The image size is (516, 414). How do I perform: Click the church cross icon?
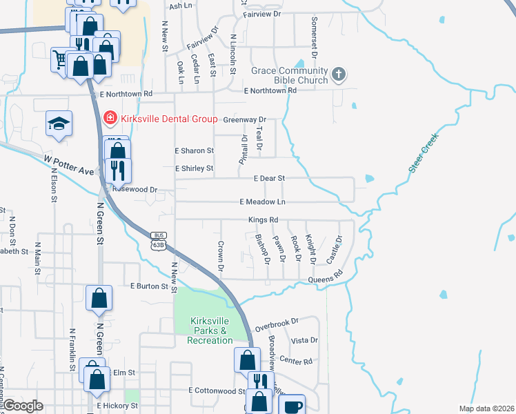(x=338, y=73)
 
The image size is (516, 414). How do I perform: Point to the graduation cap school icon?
(x=59, y=124)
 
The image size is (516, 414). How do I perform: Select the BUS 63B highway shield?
(x=159, y=240)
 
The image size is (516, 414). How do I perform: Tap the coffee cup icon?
(x=293, y=406)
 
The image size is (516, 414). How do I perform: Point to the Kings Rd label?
(x=264, y=220)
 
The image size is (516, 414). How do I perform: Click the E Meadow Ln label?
(x=262, y=202)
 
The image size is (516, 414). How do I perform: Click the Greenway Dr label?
(x=244, y=119)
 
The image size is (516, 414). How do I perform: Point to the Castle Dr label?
(x=335, y=250)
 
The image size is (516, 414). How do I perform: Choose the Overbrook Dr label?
(x=276, y=322)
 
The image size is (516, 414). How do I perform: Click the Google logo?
(x=23, y=406)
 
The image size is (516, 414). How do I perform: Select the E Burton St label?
(x=149, y=286)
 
